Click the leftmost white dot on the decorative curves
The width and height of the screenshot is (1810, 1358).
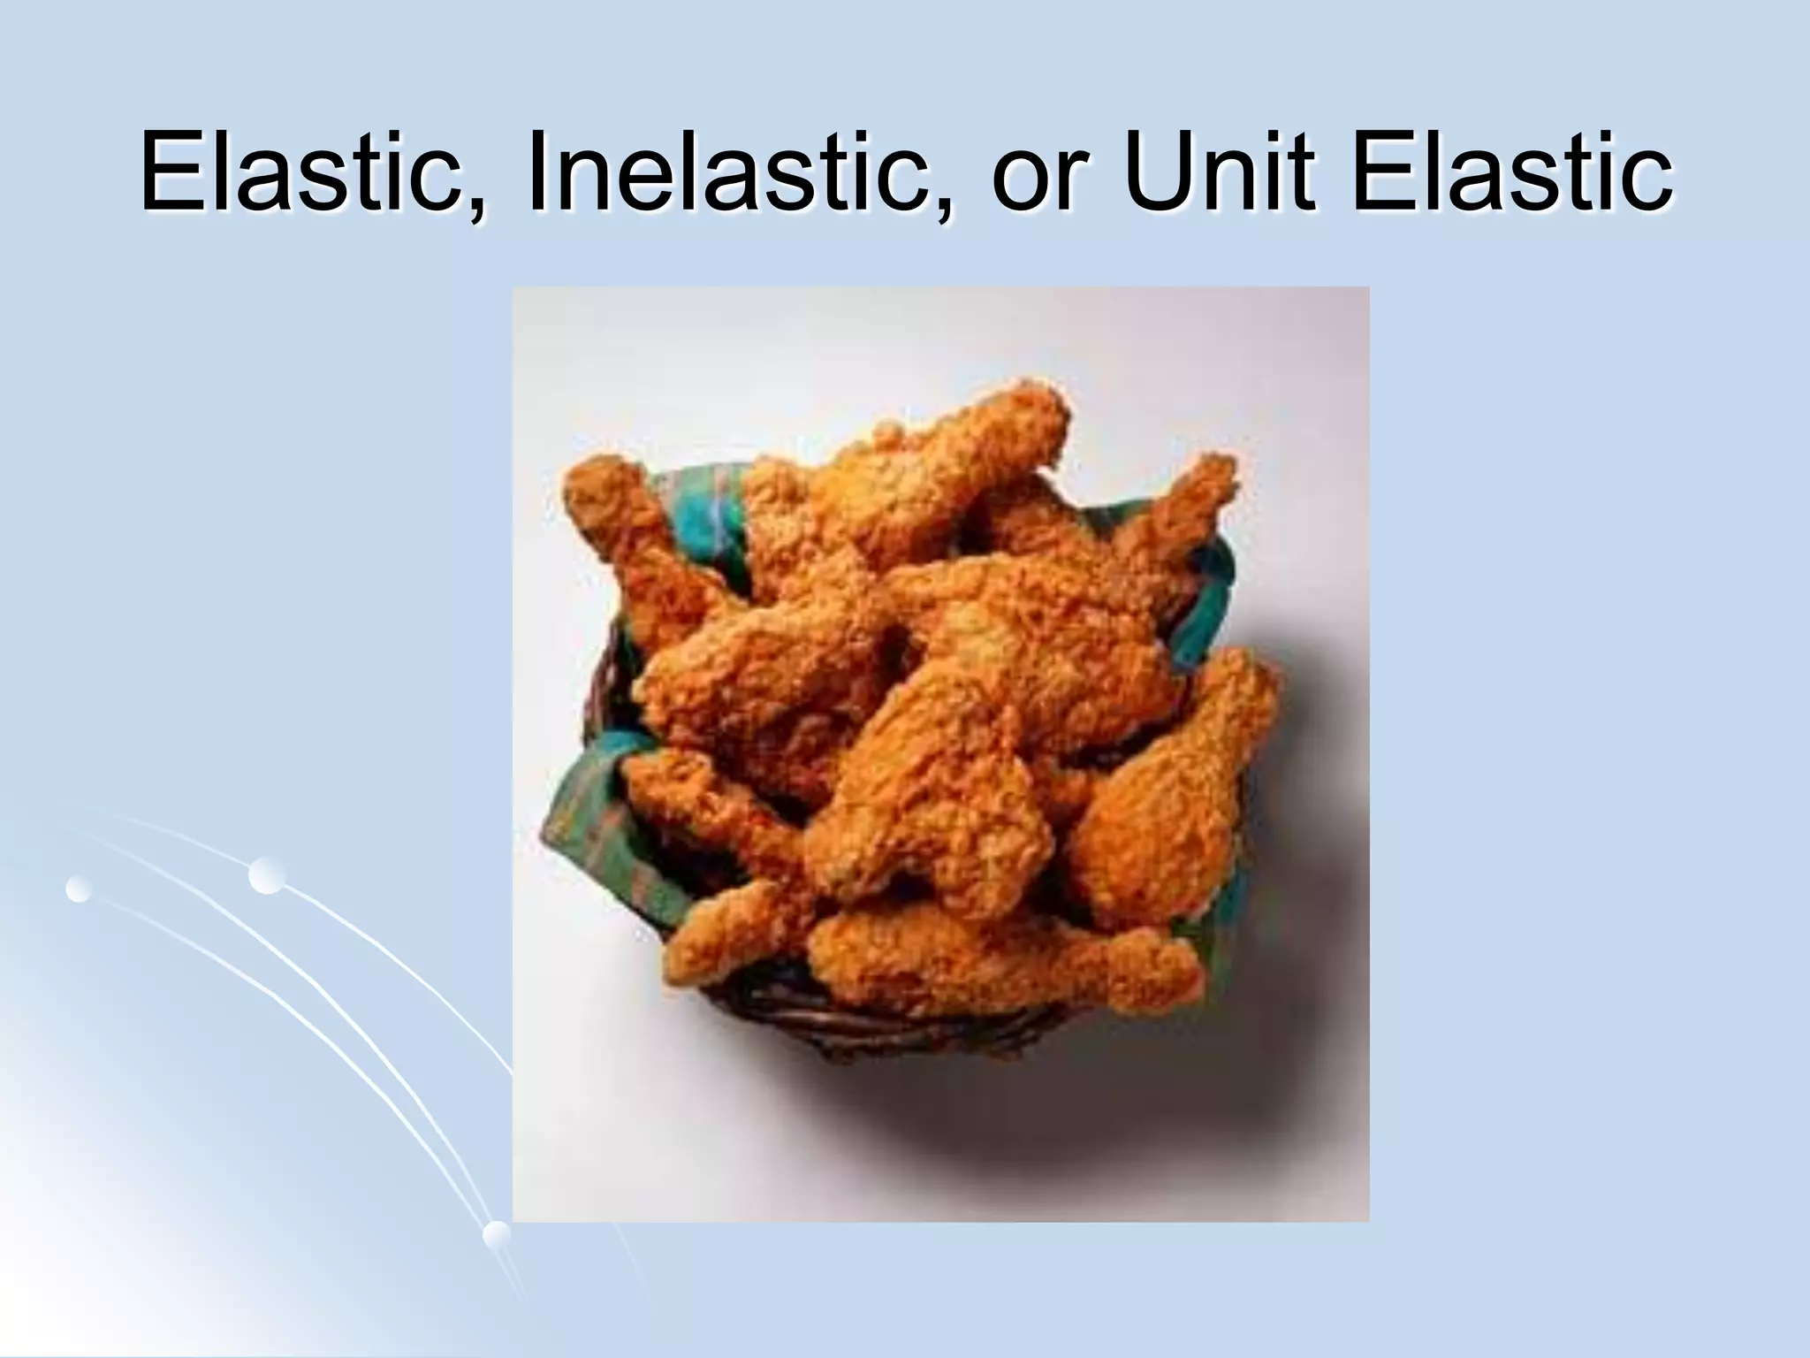pos(79,889)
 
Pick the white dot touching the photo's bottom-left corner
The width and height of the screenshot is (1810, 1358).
pos(497,1234)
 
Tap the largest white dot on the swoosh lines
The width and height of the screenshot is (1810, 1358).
pos(266,874)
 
